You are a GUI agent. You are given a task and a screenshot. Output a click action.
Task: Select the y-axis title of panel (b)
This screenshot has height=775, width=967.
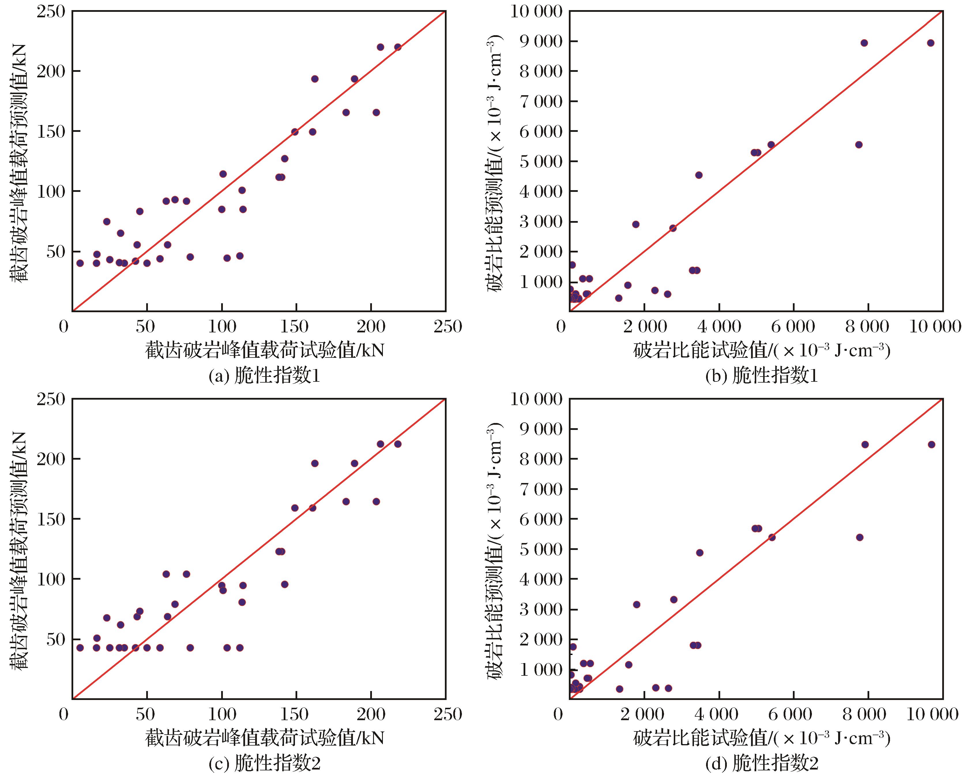495,164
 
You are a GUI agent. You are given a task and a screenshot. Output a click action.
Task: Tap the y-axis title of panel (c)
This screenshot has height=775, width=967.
19,550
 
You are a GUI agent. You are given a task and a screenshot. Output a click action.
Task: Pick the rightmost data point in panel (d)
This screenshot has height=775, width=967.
931,444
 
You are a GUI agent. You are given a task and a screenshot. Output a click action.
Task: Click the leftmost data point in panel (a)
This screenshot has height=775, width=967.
80,263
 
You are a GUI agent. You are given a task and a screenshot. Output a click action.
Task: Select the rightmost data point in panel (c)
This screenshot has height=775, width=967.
397,444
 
